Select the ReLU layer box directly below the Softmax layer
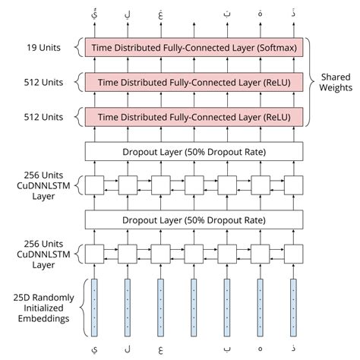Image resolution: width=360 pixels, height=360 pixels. [x=194, y=82]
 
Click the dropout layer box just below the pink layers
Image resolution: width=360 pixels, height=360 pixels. [x=194, y=151]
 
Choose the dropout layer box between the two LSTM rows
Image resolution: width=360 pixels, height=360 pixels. [x=194, y=219]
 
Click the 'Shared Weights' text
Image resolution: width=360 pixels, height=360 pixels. [x=336, y=82]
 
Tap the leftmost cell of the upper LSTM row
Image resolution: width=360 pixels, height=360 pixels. [x=94, y=185]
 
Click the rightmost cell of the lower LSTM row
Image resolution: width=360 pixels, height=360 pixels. [x=293, y=254]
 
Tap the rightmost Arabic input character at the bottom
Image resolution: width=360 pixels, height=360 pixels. [x=293, y=350]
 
